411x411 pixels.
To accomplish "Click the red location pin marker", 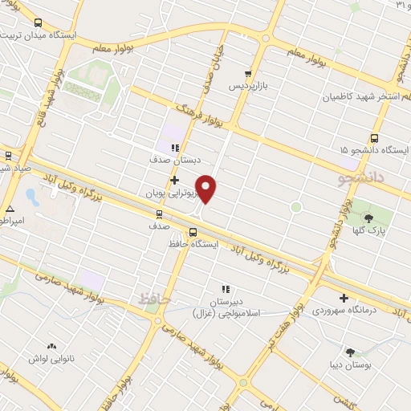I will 207,189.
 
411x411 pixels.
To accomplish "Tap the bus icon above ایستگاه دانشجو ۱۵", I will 376,137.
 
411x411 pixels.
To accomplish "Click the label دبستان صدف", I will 173,160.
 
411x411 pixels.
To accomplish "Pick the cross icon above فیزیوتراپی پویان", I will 173,180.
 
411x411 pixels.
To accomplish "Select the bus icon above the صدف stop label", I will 159,214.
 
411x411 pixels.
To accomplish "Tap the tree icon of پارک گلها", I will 368,217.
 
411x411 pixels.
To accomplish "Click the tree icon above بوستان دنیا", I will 350,352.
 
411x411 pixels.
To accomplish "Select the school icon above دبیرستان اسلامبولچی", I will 225,288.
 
